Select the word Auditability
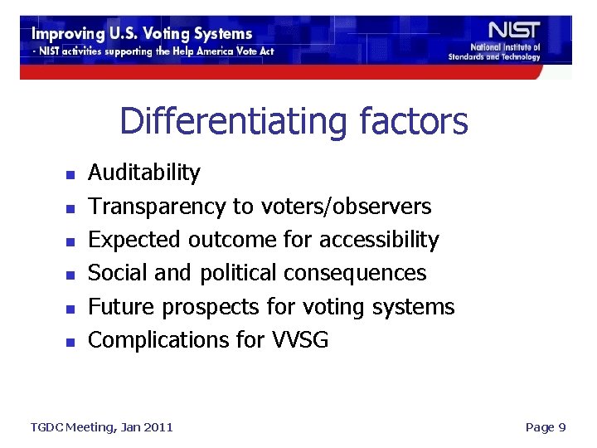click(x=143, y=173)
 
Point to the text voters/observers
click(x=346, y=206)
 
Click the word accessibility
click(x=379, y=240)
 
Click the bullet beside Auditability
click(x=70, y=175)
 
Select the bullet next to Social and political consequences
click(x=70, y=275)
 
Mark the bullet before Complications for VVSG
click(x=70, y=342)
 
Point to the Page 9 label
click(x=546, y=427)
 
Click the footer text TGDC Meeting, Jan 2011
click(x=101, y=427)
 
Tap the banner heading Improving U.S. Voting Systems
click(x=142, y=34)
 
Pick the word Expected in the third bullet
click(x=135, y=240)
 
